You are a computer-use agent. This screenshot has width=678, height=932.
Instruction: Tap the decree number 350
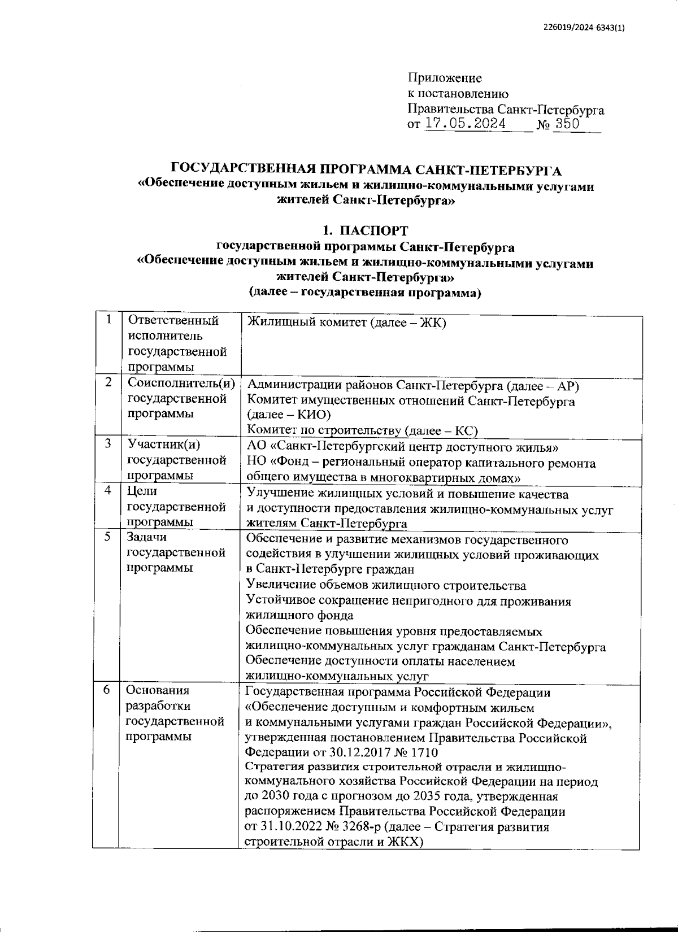pyautogui.click(x=567, y=124)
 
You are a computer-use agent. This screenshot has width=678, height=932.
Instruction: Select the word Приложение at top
pyautogui.click(x=445, y=78)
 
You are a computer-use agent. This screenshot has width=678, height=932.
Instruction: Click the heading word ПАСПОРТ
pyautogui.click(x=374, y=230)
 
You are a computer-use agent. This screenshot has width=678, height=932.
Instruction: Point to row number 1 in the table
pyautogui.click(x=107, y=320)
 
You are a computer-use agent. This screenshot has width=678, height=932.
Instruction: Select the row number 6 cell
pyautogui.click(x=106, y=690)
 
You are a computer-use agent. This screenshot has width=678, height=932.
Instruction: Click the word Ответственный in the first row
pyautogui.click(x=173, y=321)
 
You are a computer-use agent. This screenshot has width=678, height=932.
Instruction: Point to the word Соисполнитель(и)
pyautogui.click(x=181, y=383)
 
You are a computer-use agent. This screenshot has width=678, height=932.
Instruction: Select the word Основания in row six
pyautogui.click(x=158, y=690)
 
